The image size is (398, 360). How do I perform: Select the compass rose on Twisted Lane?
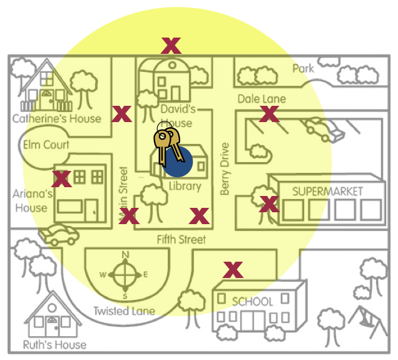tap(126, 274)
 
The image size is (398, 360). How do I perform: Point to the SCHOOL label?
tap(252, 301)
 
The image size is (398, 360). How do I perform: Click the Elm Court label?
tap(46, 145)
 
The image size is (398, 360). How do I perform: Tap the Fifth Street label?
tap(181, 239)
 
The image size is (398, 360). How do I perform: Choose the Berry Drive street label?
tap(225, 169)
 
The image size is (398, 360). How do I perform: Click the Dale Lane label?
tap(262, 99)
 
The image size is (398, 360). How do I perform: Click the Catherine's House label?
tap(56, 118)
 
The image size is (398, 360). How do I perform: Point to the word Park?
tap(304, 68)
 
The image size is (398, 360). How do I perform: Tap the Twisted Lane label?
tap(124, 311)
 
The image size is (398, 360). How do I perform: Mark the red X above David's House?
tap(171, 45)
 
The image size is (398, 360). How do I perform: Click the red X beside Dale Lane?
tap(269, 114)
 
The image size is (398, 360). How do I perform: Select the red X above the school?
tap(233, 270)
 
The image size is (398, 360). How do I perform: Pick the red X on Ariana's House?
tap(61, 179)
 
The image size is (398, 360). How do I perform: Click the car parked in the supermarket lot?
tap(323, 130)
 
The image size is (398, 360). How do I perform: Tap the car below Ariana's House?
tap(59, 235)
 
